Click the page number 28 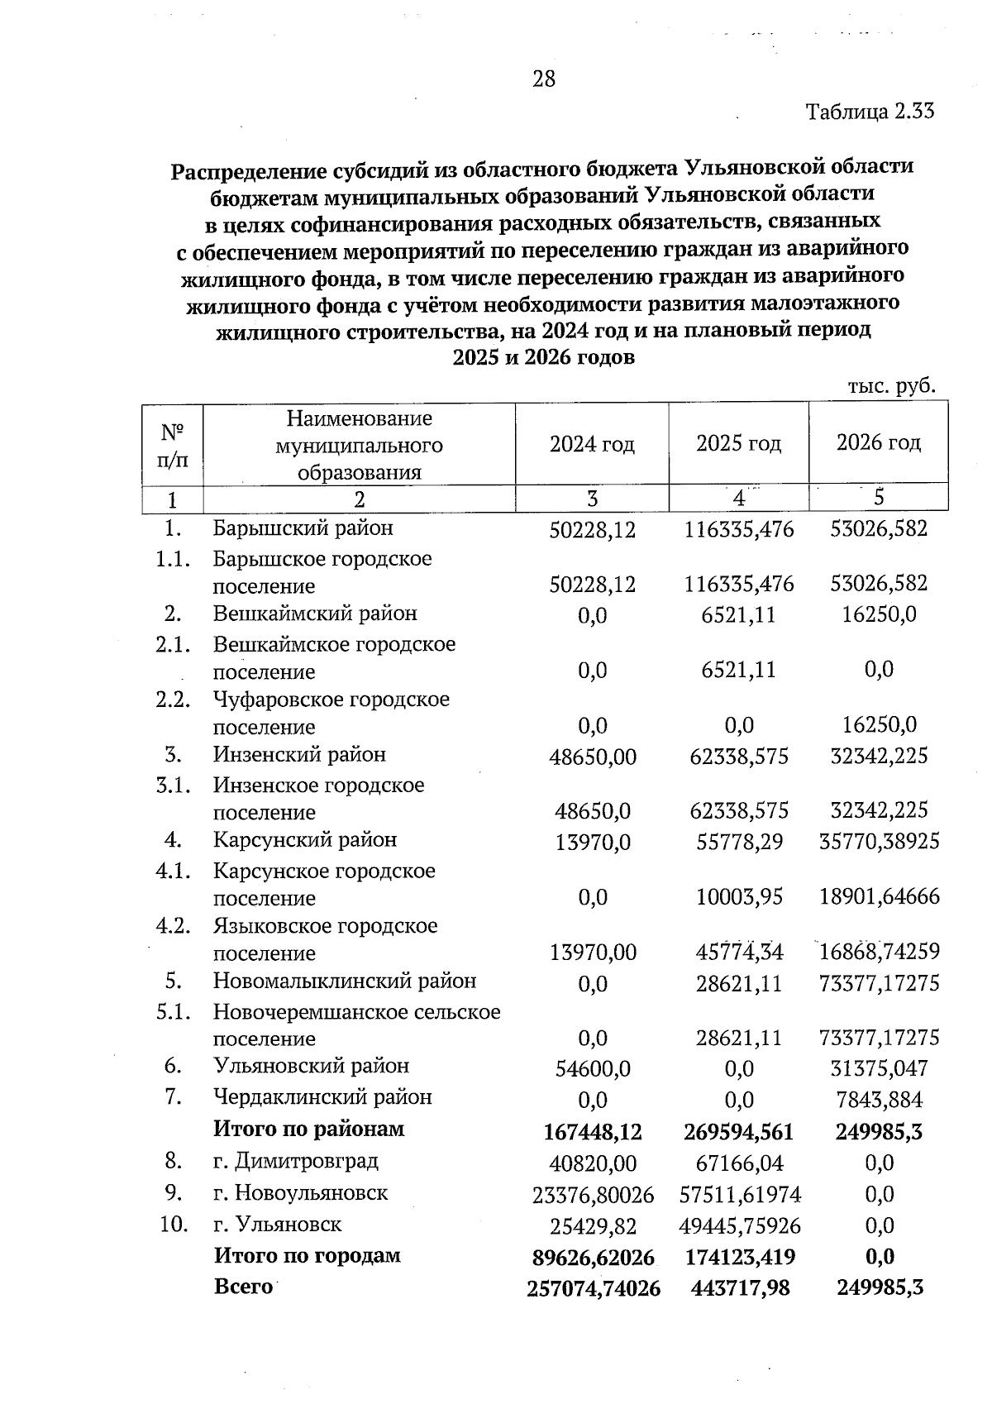coord(544,79)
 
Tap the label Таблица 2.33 coord(870,112)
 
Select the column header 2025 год coord(738,444)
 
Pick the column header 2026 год coord(878,443)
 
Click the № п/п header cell coord(172,445)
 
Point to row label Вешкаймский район coord(315,614)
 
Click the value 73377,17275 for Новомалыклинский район coord(879,983)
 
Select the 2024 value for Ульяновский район coord(593,1068)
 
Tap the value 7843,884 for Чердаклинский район coord(879,1100)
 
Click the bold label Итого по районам coord(309,1129)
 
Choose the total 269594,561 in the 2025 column coord(739,1131)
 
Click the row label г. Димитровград coord(295,1161)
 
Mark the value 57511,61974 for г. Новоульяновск coord(739,1194)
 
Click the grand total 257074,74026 coord(593,1288)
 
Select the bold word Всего coord(243,1287)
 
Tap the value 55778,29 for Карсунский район coord(739,842)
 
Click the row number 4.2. coord(174,926)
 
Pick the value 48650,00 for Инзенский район coord(593,757)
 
